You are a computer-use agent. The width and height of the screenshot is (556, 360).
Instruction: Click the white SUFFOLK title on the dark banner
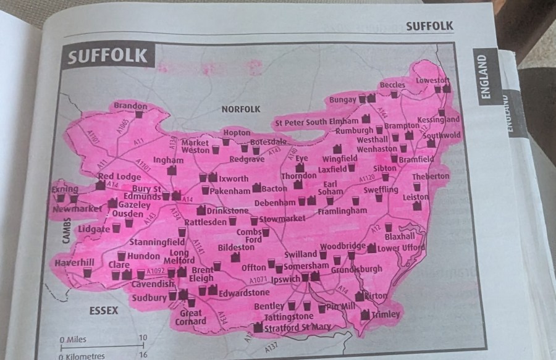coord(108,57)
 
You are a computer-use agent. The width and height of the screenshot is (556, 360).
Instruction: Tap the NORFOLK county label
coord(240,109)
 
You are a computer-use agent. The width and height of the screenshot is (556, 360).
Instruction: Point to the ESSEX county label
coord(103,311)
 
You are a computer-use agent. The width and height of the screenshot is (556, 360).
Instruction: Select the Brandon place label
coord(130,106)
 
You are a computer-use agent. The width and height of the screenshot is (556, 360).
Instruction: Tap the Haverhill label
coord(74,262)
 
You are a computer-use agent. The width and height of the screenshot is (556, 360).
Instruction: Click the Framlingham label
coord(342,211)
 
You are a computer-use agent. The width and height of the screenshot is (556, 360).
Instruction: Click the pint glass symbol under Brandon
coord(139,115)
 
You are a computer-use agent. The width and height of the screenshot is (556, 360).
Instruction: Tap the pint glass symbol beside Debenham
coord(302,201)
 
